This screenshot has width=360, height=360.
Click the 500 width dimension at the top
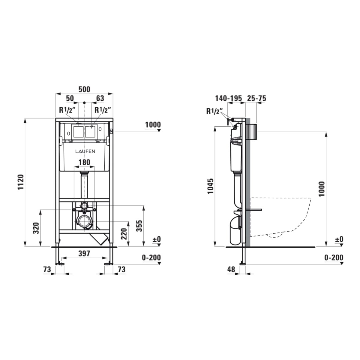pyautogui.click(x=84, y=89)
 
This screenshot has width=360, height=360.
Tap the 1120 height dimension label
pyautogui.click(x=21, y=182)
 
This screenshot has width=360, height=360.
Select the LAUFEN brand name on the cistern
pyautogui.click(x=85, y=151)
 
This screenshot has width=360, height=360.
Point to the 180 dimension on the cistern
pyautogui.click(x=84, y=162)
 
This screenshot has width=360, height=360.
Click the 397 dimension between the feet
pyautogui.click(x=84, y=253)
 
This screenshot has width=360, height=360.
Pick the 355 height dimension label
pyautogui.click(x=139, y=226)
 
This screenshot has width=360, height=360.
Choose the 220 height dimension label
pyautogui.click(x=124, y=234)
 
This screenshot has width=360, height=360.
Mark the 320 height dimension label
pyautogui.click(x=36, y=228)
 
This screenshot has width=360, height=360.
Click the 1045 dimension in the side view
pyautogui.click(x=211, y=186)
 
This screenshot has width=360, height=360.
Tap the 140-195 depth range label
pyautogui.click(x=229, y=98)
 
